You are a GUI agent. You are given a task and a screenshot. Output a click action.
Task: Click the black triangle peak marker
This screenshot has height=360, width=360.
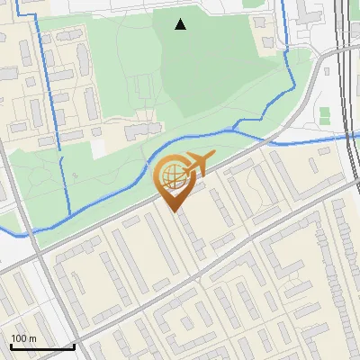(x=181, y=25)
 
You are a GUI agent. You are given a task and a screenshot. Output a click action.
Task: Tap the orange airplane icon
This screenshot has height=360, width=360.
(x=197, y=164)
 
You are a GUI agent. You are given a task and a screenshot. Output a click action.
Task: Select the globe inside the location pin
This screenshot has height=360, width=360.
(x=172, y=175)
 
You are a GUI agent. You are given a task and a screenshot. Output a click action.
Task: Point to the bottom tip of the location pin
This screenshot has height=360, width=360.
(x=175, y=212)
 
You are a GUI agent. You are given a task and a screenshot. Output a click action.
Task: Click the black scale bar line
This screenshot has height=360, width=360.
(x=41, y=346)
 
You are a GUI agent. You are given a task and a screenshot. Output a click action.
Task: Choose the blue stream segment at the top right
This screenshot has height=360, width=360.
(x=287, y=36)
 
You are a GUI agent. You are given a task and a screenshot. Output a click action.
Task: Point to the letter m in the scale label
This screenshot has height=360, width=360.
(x=33, y=338)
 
